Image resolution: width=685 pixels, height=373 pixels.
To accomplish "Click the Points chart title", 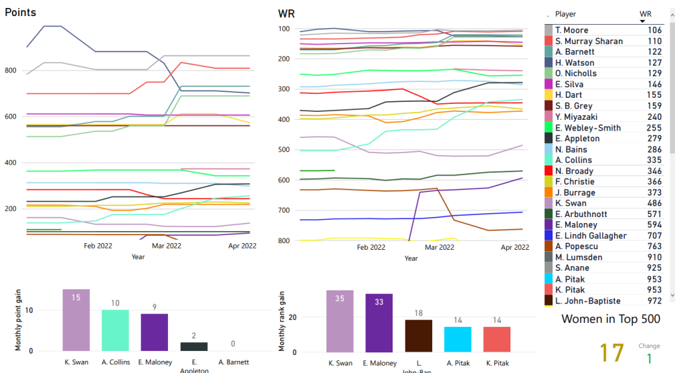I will tap(21, 13).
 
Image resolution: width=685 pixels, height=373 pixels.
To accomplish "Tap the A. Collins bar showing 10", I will tap(115, 330).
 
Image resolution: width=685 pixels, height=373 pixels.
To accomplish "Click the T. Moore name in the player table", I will tap(572, 30).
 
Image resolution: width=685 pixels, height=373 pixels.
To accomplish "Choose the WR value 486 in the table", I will tap(654, 204).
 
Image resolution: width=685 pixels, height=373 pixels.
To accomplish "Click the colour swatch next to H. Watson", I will tap(549, 63).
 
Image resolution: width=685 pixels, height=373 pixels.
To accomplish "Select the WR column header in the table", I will tap(645, 14).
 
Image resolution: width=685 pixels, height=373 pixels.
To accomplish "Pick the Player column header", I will tap(565, 14).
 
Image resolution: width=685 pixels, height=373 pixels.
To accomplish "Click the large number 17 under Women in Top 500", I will tap(612, 353).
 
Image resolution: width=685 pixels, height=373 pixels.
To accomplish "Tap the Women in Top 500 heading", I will tap(611, 319).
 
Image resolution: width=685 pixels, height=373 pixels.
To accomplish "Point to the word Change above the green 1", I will tap(649, 346).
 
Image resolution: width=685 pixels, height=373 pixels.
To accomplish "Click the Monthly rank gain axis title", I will tap(282, 321).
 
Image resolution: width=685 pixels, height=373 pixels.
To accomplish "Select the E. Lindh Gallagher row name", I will tap(591, 236).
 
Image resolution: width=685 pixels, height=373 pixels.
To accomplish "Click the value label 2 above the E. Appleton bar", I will tap(194, 335).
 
